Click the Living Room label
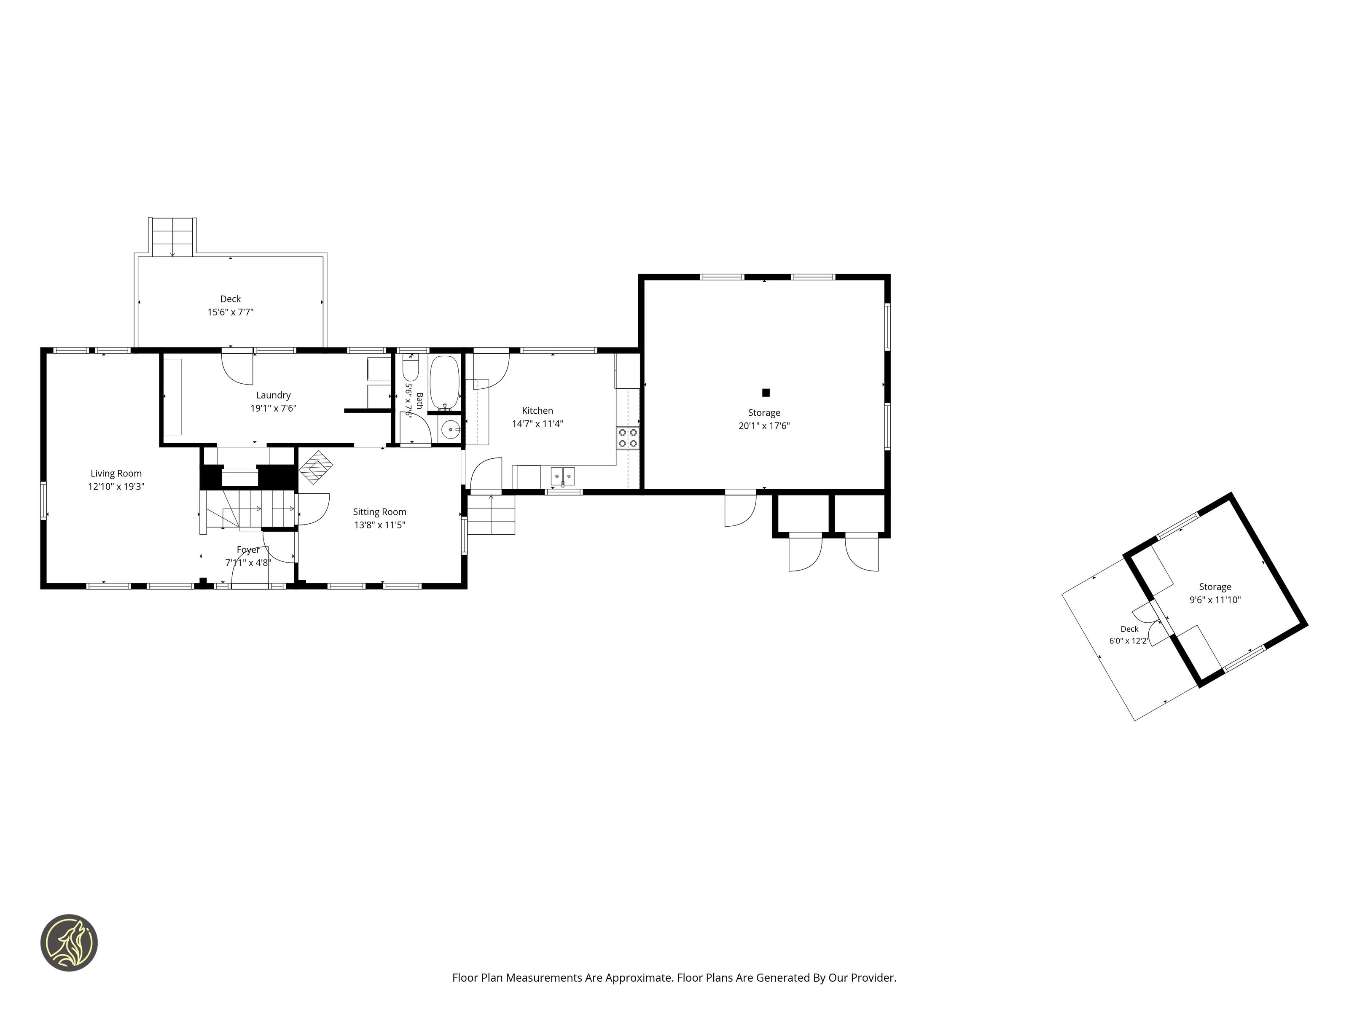116,474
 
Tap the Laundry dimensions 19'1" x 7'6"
273,408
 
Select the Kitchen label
537,411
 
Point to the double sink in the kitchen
562,476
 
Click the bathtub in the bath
445,382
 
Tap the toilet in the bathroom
411,368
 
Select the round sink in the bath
451,429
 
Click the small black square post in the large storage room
766,392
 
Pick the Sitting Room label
379,512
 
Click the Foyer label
248,549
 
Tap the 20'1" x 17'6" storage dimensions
764,426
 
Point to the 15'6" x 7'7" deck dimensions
231,312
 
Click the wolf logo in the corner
69,942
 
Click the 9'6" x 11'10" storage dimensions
1215,600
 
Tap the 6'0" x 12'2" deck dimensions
1129,641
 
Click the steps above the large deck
172,237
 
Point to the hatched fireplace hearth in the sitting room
316,467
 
